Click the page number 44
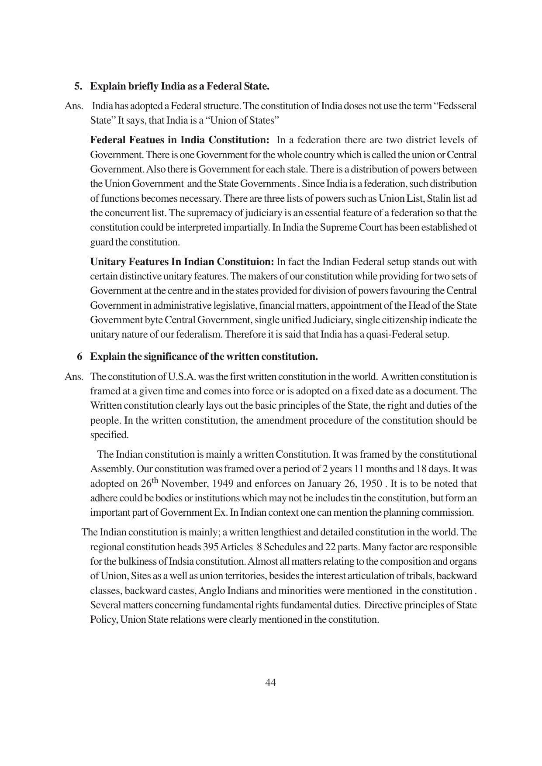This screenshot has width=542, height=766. pos(270,683)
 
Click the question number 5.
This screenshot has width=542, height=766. pos(78,86)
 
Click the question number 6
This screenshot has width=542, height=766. pos(79,357)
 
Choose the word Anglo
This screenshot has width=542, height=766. pos(211,591)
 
